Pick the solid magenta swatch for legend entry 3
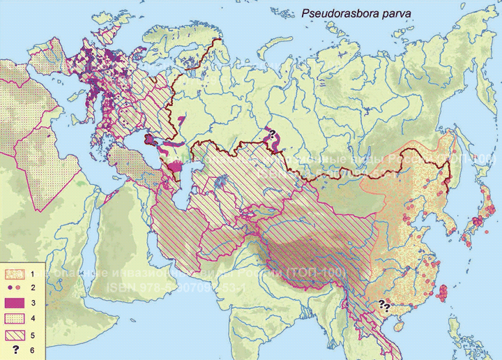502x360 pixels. tap(15, 302)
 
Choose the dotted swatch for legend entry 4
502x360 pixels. tap(15, 318)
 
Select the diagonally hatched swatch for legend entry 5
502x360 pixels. tap(15, 334)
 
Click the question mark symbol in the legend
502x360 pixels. tap(15, 350)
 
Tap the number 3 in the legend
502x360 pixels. tap(33, 302)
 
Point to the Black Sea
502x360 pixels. tap(129, 148)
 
